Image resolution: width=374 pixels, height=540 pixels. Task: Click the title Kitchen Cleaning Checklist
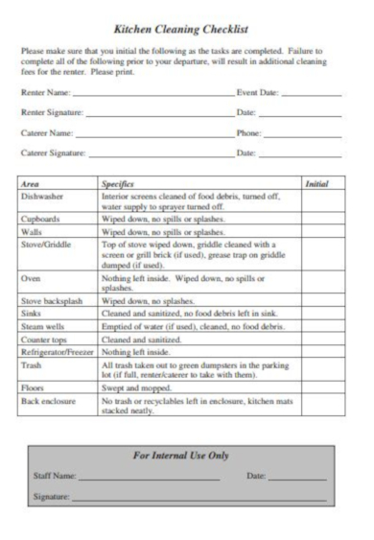pyautogui.click(x=187, y=30)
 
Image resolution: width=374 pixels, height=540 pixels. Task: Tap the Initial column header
pyautogui.click(x=316, y=182)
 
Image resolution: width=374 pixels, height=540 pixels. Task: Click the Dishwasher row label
pyautogui.click(x=41, y=195)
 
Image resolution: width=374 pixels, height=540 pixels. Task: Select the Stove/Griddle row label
pyautogui.click(x=44, y=246)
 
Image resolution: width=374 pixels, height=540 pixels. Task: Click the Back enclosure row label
pyautogui.click(x=46, y=403)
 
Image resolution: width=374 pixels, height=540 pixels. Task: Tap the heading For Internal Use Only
pyautogui.click(x=187, y=455)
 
